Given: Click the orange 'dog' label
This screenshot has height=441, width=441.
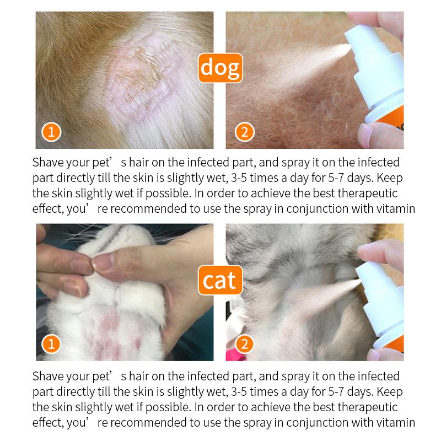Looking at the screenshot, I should [x=220, y=67].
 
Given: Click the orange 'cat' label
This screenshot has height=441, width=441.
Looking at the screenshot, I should [x=220, y=281].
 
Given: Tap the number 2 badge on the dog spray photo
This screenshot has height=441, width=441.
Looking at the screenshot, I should [x=243, y=133].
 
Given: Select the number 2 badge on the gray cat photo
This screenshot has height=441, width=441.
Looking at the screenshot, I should [x=243, y=345].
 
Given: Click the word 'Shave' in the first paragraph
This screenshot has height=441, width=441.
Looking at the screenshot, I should [x=48, y=163].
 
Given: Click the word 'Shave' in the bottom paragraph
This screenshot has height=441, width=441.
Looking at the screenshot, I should [x=48, y=377].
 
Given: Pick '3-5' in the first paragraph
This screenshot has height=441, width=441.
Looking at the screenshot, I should [x=244, y=179].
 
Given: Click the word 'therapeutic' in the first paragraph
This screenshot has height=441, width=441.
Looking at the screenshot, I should [x=368, y=193].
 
